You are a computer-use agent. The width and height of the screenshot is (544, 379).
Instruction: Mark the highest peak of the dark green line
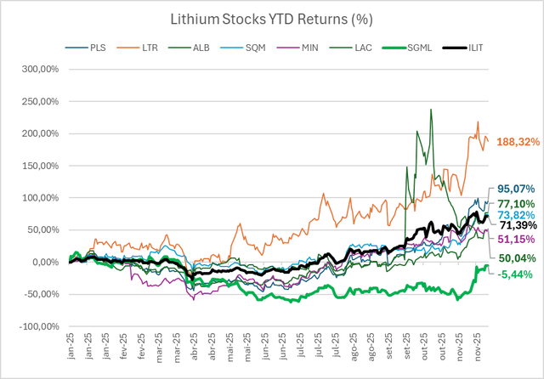(432, 110)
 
